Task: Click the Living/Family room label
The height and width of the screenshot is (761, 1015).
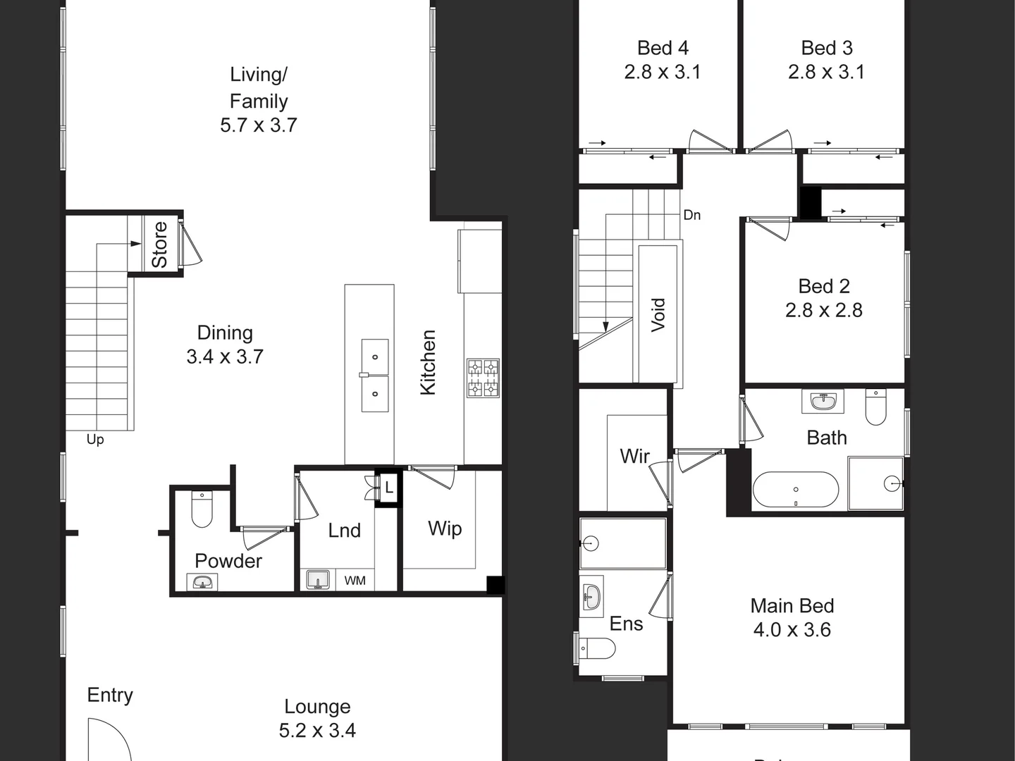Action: [x=259, y=99]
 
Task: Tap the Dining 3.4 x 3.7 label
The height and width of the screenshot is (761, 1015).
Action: [x=225, y=345]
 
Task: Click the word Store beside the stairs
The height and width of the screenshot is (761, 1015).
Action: [x=160, y=245]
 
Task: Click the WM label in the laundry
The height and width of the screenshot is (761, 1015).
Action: [x=355, y=581]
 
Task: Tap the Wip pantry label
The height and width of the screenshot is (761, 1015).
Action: [x=445, y=528]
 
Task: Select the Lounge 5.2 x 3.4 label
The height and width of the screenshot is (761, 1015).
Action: [x=317, y=718]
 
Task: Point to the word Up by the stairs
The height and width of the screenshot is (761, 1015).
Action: [x=95, y=440]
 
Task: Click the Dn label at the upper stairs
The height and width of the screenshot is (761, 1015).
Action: [x=691, y=215]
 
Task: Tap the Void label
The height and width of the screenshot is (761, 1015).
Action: [x=658, y=314]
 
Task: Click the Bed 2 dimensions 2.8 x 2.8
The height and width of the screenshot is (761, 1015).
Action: [x=824, y=311]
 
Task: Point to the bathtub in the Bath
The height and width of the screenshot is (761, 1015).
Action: [x=796, y=490]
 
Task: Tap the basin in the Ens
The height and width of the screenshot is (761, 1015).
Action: [x=591, y=598]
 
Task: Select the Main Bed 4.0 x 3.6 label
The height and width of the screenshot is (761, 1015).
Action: [x=792, y=617]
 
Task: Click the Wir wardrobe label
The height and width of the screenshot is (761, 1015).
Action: [x=634, y=456]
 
